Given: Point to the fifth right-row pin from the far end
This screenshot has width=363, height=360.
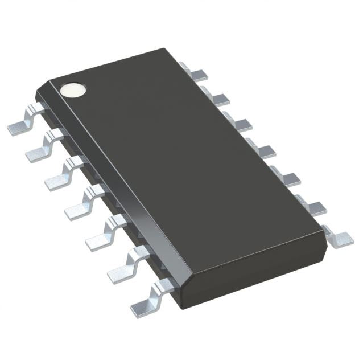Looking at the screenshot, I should [286, 178].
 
